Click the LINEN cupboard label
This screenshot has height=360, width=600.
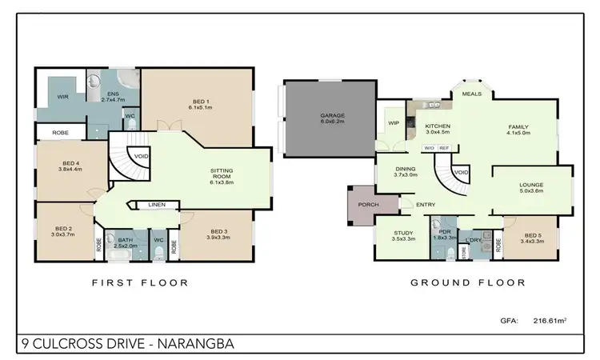157,205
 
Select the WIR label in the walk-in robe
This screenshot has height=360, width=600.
62,96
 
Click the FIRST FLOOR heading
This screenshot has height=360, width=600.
140,282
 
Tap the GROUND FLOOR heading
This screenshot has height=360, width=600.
467,282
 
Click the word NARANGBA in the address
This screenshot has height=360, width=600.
197,346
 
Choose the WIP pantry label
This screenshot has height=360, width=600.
394,123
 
